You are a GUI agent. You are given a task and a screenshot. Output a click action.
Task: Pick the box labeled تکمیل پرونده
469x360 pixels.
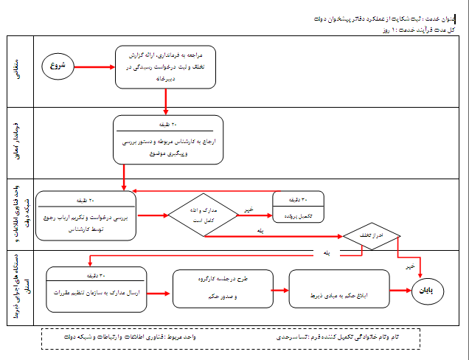(299, 207)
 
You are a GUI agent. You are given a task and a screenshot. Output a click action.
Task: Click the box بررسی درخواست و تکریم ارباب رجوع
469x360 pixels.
(86, 215)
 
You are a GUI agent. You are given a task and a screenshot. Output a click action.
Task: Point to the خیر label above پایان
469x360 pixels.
(411, 266)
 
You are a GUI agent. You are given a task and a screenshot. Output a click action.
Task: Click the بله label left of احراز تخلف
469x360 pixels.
(325, 253)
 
